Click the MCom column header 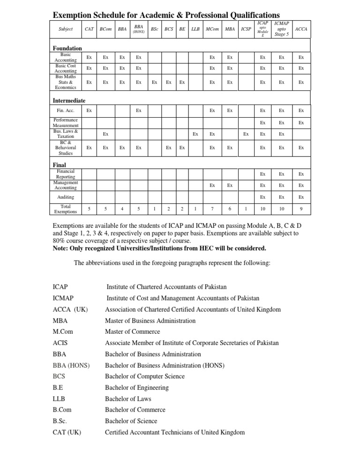click(212, 29)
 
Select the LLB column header click(195, 29)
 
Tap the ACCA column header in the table click(301, 29)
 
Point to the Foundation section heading click(67, 48)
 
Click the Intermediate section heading click(69, 100)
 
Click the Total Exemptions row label click(66, 209)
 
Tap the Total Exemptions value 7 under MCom click(212, 209)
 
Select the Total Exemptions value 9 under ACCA click(301, 209)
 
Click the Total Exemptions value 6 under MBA click(229, 209)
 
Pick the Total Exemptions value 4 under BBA click(122, 209)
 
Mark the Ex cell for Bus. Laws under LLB click(195, 134)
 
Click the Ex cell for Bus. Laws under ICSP click(246, 134)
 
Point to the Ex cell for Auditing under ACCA click(301, 197)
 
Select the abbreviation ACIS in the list click(61, 343)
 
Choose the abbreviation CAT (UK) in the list click(67, 432)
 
